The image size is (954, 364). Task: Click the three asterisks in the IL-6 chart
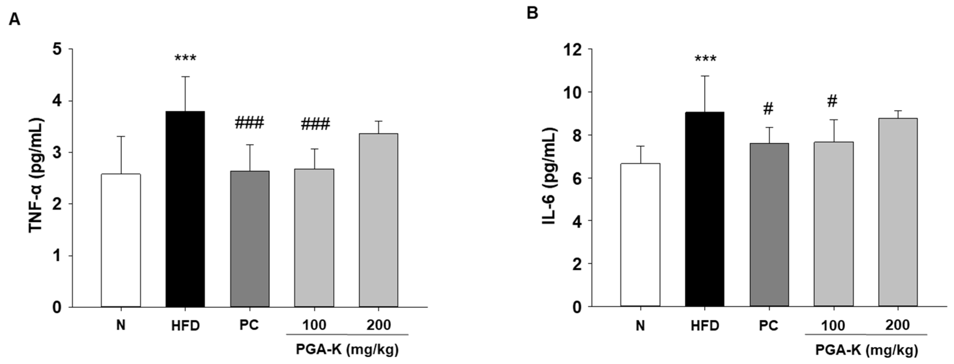[705, 59]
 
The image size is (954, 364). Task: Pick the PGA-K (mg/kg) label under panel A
[347, 349]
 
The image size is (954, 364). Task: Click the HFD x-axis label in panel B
[705, 326]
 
